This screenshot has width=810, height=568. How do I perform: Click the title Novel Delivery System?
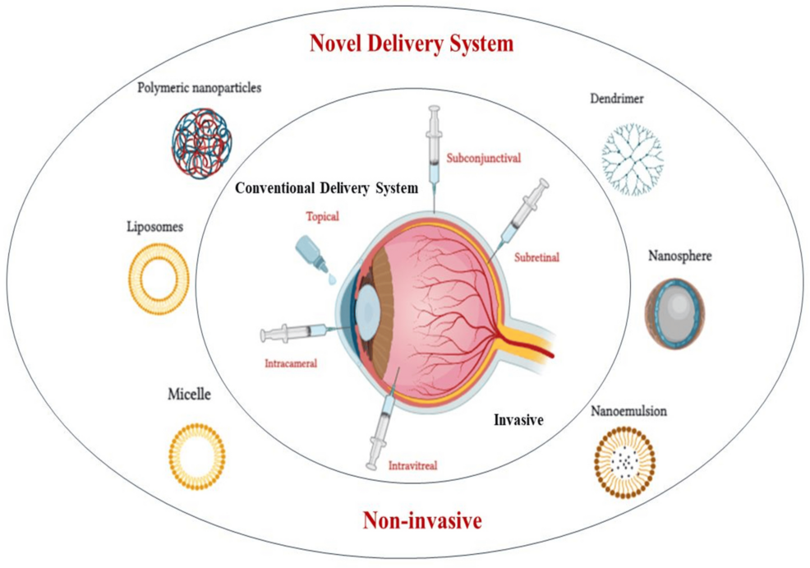(411, 44)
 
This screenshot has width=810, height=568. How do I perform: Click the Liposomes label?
(155, 226)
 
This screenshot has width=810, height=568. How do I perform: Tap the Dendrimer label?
(617, 100)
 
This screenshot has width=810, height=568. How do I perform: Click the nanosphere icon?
(674, 313)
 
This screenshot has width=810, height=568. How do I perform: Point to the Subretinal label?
(536, 257)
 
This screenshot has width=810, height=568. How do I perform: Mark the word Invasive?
(519, 420)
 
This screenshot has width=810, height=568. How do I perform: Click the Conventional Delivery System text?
(326, 187)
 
